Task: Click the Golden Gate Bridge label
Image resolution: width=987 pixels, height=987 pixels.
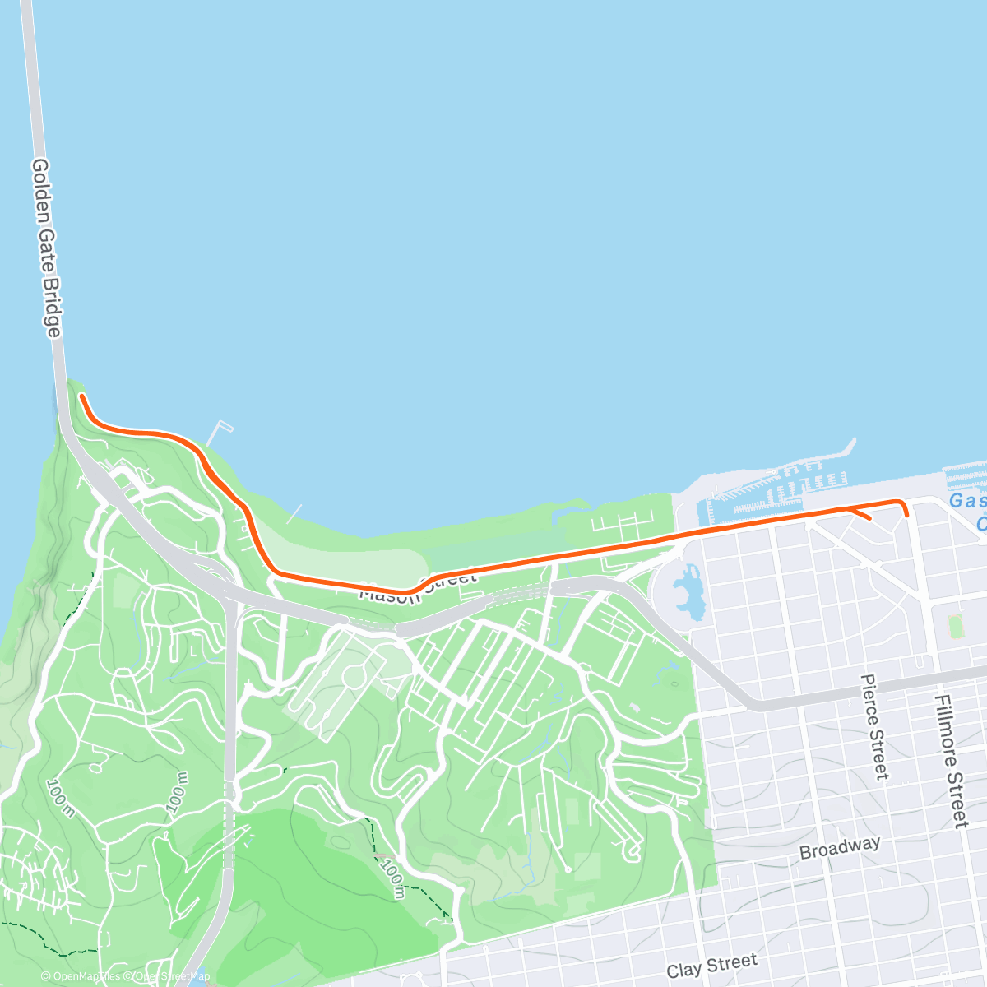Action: [x=46, y=248]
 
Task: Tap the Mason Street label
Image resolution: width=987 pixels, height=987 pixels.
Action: [x=418, y=585]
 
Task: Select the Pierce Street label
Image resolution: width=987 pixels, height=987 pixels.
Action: [x=874, y=726]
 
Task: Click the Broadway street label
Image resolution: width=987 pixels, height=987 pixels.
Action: [x=840, y=848]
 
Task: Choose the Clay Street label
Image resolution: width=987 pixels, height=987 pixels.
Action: [x=711, y=966]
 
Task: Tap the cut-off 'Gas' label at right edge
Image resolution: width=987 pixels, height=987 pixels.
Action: [x=967, y=501]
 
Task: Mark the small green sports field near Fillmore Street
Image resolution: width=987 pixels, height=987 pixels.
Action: [x=955, y=626]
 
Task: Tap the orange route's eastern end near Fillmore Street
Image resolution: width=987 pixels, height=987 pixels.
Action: [x=906, y=514]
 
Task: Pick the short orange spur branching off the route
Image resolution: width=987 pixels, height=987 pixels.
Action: [x=860, y=515]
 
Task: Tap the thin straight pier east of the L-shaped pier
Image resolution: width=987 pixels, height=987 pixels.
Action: [x=294, y=513]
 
